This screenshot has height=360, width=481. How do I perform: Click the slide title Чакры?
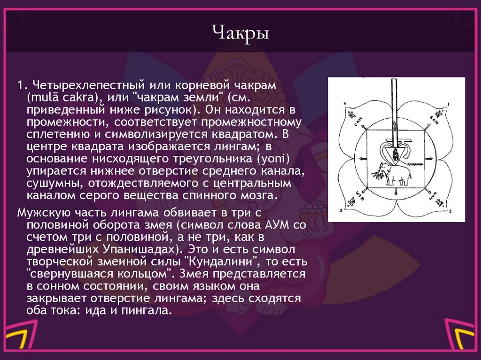240,34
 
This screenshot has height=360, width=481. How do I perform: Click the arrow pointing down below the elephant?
396,191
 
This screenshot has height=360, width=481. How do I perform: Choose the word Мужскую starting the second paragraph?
40,212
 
